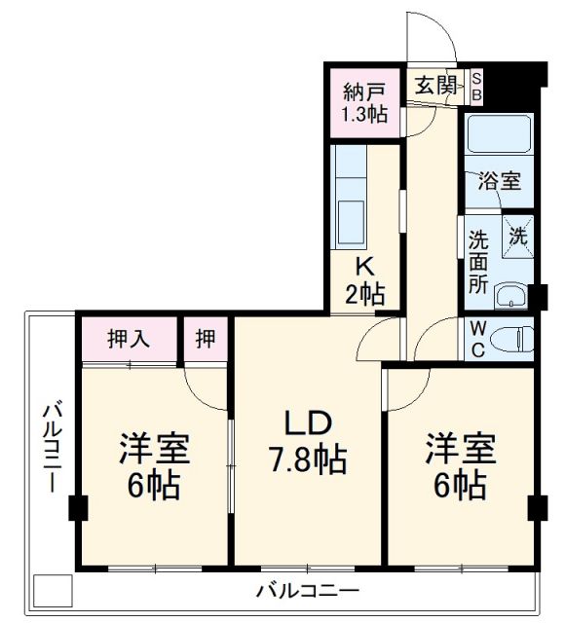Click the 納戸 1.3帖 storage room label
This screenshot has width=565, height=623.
coord(364,102)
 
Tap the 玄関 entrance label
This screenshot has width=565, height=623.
coord(435,85)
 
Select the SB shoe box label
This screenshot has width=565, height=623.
coord(476,86)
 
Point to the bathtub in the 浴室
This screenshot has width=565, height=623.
coord(497,136)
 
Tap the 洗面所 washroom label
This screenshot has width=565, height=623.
coord(478,262)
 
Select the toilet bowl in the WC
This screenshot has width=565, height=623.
coord(511,339)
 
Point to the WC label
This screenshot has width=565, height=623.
coord(477,339)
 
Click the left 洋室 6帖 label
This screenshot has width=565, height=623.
coord(154,465)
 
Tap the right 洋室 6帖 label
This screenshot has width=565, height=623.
coord(460,465)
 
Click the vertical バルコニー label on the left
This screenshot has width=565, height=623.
coord(50,448)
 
